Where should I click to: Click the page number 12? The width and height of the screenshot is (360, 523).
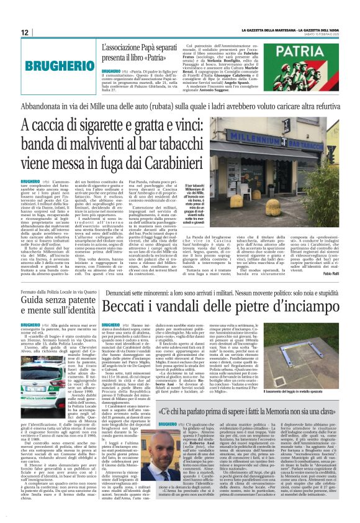24,32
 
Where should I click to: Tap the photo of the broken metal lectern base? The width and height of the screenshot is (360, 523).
298,353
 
